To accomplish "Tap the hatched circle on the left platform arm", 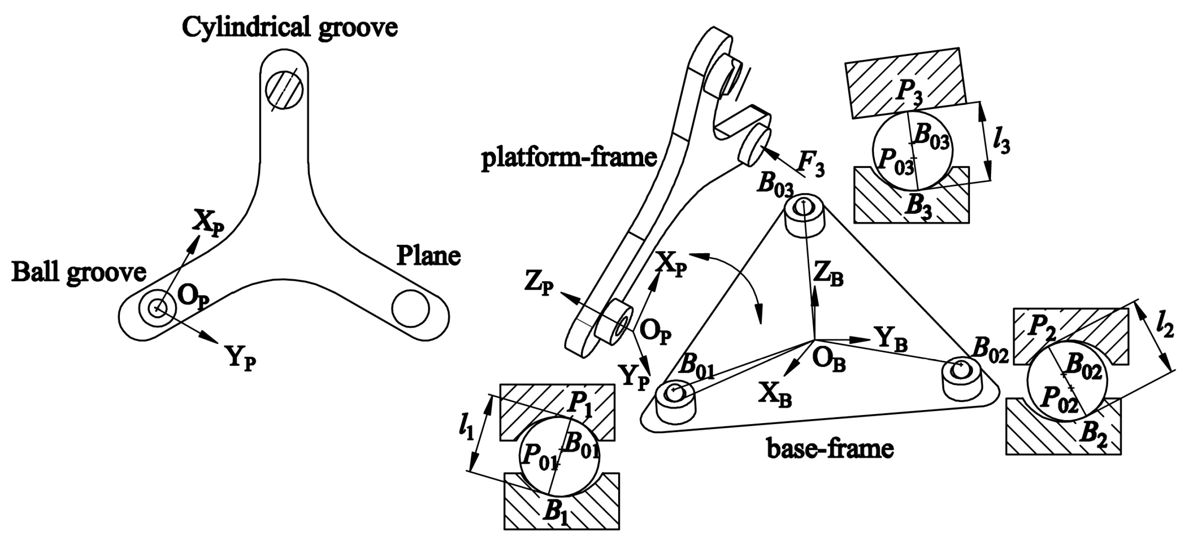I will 284,90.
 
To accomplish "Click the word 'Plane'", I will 428,256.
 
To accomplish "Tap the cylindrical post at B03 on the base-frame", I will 805,223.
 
